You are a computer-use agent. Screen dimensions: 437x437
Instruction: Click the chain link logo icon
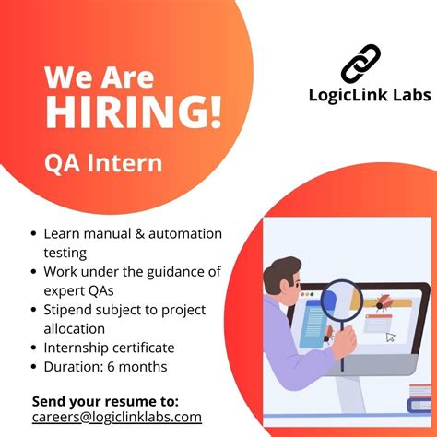tap(360, 63)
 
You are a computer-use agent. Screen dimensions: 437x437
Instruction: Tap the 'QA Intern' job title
tap(103, 163)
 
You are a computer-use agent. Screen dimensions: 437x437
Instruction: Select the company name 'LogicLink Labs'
tap(369, 96)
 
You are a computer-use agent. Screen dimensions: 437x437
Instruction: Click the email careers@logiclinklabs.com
tap(117, 417)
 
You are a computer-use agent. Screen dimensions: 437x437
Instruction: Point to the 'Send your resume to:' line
tap(105, 401)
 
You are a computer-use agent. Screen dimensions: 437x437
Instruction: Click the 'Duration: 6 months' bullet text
tap(105, 366)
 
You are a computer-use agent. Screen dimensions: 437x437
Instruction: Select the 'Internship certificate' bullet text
tap(109, 348)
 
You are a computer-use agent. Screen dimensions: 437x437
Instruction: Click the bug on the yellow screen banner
tap(381, 301)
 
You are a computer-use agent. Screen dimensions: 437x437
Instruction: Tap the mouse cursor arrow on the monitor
tap(391, 337)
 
